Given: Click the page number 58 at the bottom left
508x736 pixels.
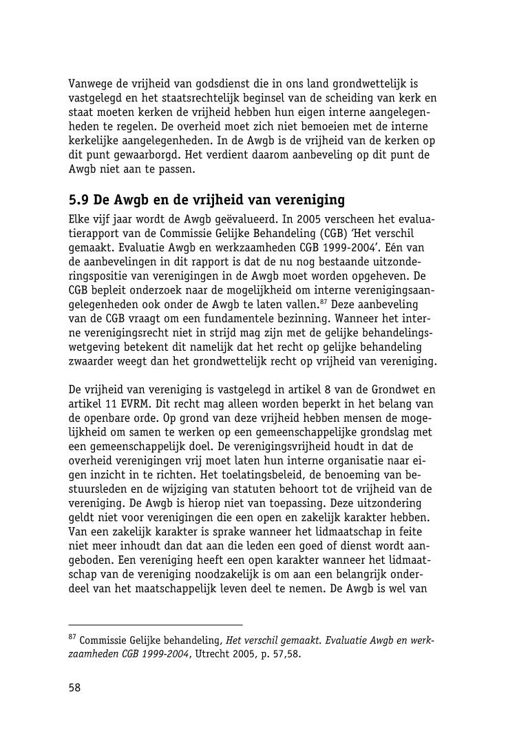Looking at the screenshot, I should pyautogui.click(x=74, y=688).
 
